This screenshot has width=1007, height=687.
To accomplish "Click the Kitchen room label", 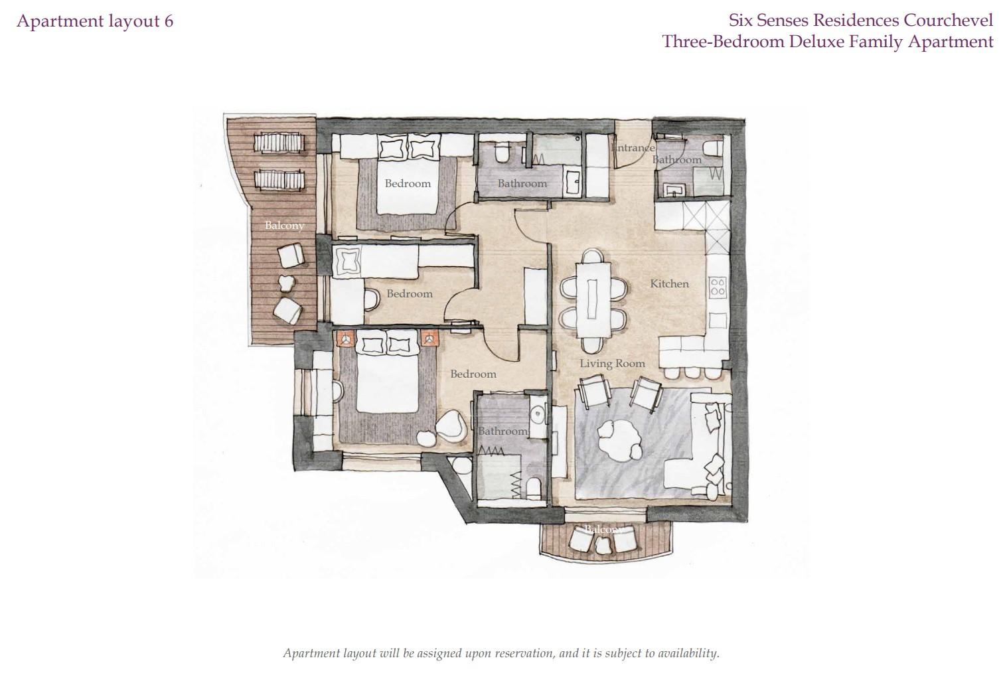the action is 669,283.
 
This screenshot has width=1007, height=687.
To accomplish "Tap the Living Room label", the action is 612,363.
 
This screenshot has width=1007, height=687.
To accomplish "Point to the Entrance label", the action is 633,147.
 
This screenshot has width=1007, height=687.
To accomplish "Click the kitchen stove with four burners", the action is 718,286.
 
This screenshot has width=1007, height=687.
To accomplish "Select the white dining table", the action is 593,300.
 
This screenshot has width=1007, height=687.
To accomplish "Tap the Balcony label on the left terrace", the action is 284,225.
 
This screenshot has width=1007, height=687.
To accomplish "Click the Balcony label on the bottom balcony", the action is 603,529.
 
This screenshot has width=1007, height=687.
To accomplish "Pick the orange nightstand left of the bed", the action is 346,339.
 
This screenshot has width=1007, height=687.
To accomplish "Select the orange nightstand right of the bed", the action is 430,339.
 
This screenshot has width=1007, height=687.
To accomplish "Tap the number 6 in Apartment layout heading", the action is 169,21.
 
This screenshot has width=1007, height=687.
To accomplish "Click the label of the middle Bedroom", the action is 410,293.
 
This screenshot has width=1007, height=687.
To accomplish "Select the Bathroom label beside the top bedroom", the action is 522,183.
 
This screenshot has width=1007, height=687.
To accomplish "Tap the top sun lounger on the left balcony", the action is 279,143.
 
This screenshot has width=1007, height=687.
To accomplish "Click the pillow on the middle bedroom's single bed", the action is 347,260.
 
